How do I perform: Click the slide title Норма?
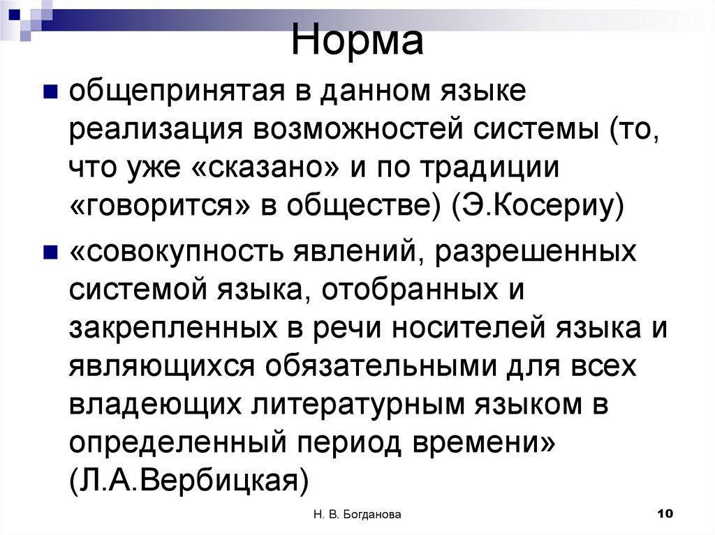pos(357,41)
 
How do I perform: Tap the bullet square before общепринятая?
pos(50,91)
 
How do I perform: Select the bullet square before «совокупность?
pos(50,250)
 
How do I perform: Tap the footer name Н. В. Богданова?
pos(357,515)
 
